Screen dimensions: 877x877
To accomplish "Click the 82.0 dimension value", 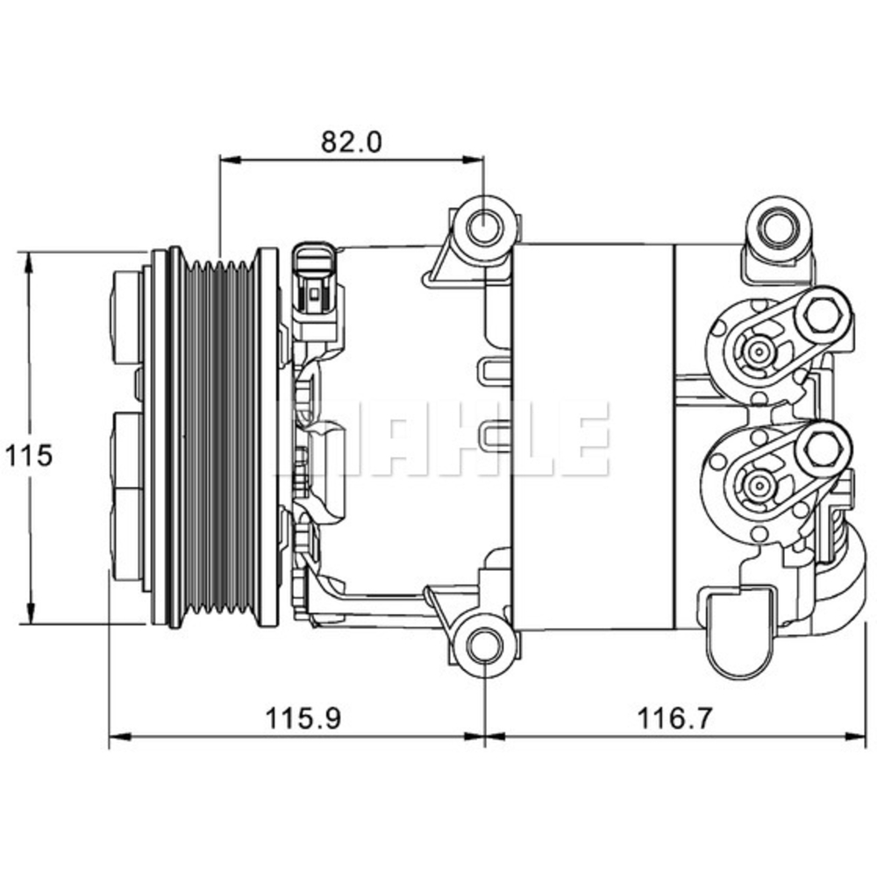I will [x=351, y=142].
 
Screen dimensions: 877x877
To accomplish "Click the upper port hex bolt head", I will [x=824, y=316].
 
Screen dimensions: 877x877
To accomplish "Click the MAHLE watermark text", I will [x=447, y=438].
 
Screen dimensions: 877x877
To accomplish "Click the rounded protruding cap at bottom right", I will [x=742, y=636].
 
